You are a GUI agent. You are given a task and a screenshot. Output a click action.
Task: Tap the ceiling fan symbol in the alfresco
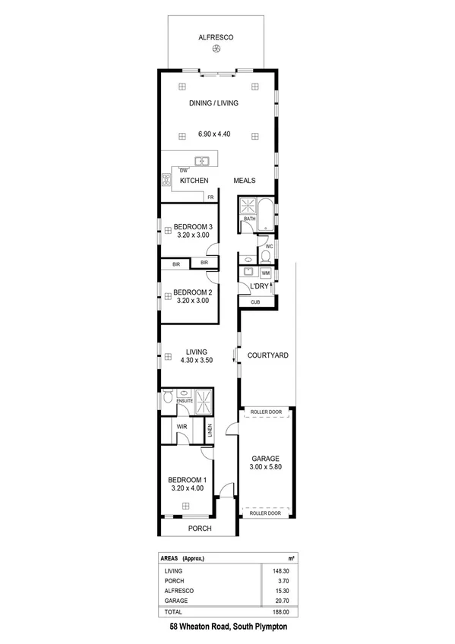click(x=216, y=49)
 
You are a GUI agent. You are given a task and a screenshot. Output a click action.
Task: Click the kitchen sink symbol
click(x=202, y=160)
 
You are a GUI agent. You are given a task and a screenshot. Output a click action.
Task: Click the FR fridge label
click(x=210, y=197)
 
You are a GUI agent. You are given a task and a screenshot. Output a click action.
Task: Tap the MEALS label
click(x=244, y=181)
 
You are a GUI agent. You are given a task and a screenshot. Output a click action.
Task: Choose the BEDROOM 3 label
click(x=192, y=226)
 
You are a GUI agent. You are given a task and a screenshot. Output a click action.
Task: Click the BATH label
click(x=249, y=219)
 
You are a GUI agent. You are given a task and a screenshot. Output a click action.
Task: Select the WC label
click(x=268, y=247)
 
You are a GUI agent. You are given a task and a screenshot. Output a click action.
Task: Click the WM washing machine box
click(x=266, y=273)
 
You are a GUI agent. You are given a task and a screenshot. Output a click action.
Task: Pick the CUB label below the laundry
click(x=255, y=302)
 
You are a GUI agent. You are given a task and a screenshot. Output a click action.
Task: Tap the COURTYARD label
click(x=267, y=355)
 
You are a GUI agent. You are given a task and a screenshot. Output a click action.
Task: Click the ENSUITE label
click(x=185, y=399)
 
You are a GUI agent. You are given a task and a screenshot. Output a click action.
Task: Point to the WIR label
click(x=182, y=428)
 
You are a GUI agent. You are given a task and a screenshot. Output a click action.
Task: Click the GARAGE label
click(x=267, y=459)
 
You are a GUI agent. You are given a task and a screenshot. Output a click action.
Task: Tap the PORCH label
click(x=200, y=529)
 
